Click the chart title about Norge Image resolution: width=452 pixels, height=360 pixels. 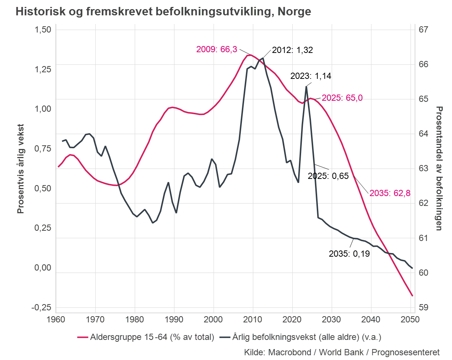(x=163, y=11)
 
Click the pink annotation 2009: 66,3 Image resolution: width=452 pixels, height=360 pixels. (x=216, y=49)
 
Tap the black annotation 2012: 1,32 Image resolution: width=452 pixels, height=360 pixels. (x=292, y=50)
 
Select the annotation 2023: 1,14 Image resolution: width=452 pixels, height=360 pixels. (x=311, y=76)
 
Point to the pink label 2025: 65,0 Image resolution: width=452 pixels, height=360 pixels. (x=342, y=98)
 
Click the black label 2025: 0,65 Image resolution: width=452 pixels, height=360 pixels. (x=328, y=176)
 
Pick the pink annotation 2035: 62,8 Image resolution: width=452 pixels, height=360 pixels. (x=390, y=193)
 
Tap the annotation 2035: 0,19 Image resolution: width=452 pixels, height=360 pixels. (x=349, y=254)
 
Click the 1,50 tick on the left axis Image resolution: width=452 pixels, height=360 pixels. (x=43, y=30)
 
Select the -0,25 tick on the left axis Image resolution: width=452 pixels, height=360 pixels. (x=41, y=307)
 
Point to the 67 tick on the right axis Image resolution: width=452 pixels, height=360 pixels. (x=423, y=30)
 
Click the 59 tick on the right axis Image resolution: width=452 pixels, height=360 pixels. (x=423, y=307)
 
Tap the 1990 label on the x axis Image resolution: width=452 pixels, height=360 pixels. (x=174, y=319)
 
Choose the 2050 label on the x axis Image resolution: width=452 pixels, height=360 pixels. (x=410, y=319)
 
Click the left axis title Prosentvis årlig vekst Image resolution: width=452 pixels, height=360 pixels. (x=20, y=169)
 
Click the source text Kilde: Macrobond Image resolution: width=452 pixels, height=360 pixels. (x=342, y=352)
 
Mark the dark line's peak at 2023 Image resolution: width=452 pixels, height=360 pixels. (x=306, y=86)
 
